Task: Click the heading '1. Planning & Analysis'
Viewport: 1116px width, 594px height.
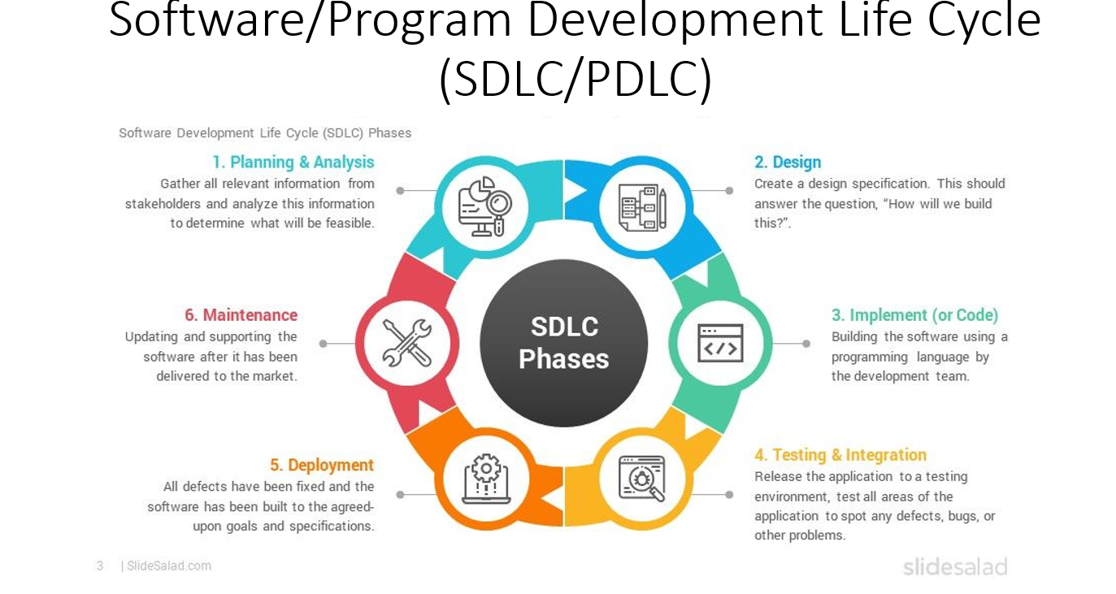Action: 293,163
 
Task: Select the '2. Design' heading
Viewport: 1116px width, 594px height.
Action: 788,163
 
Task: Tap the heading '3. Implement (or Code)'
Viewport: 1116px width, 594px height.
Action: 914,315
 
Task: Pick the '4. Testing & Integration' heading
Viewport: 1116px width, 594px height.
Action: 840,455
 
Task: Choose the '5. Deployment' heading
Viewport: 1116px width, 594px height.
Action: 322,465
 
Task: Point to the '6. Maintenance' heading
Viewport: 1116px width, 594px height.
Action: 241,315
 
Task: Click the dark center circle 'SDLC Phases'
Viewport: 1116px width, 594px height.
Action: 563,343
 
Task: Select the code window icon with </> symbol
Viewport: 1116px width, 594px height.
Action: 720,343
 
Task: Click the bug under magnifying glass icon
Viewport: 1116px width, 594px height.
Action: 641,479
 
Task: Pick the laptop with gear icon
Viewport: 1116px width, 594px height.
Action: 486,479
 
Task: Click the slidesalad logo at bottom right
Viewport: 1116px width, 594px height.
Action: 955,566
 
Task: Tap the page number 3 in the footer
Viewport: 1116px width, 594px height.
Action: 100,566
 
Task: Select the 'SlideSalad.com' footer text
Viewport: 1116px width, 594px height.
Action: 169,566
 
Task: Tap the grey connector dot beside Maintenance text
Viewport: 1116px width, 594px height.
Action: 324,344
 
